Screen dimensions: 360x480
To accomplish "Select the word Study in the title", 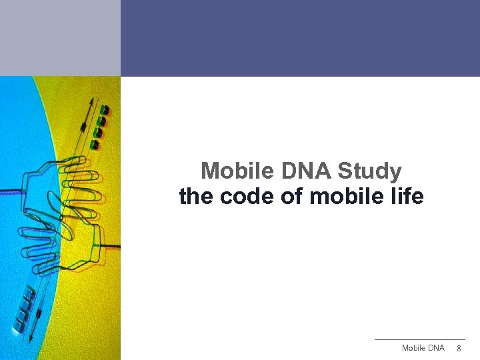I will pyautogui.click(x=369, y=171).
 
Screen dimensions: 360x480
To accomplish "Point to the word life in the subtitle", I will pyautogui.click(x=407, y=197).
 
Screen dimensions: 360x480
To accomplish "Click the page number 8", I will pyautogui.click(x=459, y=349).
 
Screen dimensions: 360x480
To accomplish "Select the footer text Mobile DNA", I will pyautogui.click(x=423, y=348).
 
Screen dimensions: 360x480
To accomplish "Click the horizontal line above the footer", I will pyautogui.click(x=419, y=339).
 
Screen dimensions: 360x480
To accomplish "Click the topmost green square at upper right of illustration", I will pyautogui.click(x=105, y=109).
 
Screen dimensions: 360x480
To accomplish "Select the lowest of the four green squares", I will pyautogui.click(x=96, y=144).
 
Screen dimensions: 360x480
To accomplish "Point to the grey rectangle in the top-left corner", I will pyautogui.click(x=60, y=38).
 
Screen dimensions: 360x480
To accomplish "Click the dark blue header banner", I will pyautogui.click(x=300, y=38).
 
